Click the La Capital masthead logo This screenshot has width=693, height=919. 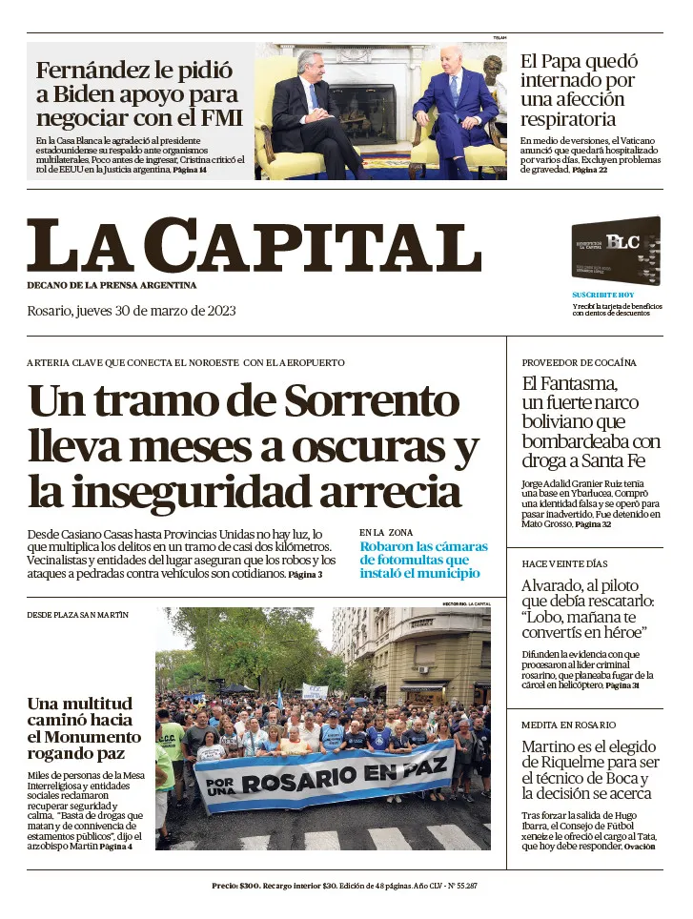point(254,246)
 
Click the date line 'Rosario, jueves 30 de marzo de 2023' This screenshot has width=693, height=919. point(132,311)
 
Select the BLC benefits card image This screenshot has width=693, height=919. point(616,251)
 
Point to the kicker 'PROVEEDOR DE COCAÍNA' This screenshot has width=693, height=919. point(579,363)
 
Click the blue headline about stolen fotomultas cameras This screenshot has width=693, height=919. point(423,560)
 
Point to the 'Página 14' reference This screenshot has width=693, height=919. point(190,170)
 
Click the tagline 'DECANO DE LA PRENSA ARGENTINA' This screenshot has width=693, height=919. point(112,285)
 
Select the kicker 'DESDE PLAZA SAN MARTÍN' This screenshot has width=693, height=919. point(77,615)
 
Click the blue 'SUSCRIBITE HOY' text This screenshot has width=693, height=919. point(602,296)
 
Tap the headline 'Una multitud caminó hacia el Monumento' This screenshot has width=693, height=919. point(84,728)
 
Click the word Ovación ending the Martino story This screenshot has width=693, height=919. point(640,847)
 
